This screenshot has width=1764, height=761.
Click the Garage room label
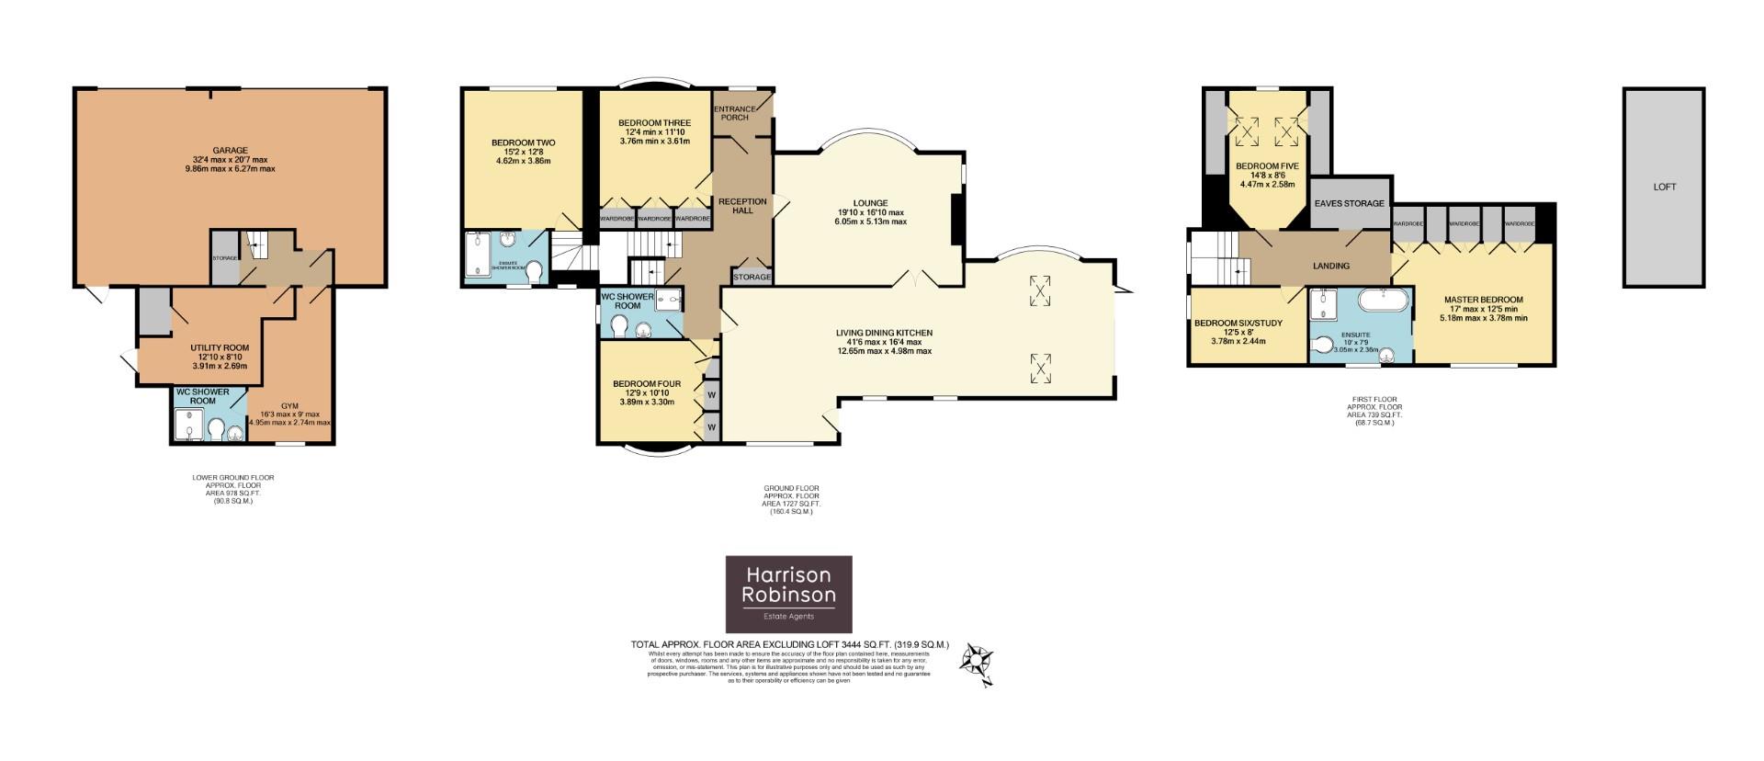(x=230, y=150)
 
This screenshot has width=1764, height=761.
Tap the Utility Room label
(x=220, y=347)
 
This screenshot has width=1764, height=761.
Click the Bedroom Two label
(x=523, y=142)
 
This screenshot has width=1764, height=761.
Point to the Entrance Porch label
(x=734, y=113)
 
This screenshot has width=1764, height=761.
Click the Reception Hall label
(x=741, y=205)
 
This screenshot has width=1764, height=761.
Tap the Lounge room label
(x=869, y=203)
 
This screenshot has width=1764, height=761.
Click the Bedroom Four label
(x=647, y=384)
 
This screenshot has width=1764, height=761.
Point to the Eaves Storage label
(x=1349, y=203)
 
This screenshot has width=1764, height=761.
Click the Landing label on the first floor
(x=1330, y=266)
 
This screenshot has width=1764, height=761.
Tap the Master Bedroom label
(x=1483, y=300)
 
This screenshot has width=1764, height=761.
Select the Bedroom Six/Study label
(x=1238, y=323)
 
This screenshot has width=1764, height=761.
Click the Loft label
(x=1664, y=187)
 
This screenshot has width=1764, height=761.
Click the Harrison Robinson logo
(x=788, y=594)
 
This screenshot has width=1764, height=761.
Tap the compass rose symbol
(x=976, y=661)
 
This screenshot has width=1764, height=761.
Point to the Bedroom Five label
(x=1267, y=166)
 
